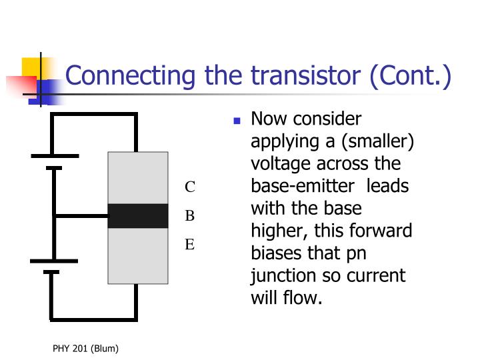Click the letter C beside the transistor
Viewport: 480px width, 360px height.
pos(190,187)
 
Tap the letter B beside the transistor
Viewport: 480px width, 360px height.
pos(190,215)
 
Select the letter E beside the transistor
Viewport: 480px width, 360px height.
pos(190,244)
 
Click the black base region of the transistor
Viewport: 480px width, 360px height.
pos(138,216)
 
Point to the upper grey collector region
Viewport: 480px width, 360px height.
pos(138,178)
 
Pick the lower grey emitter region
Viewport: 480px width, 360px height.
pos(138,256)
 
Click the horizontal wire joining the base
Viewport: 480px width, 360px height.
pos(81,216)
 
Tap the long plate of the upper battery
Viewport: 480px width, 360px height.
pos(55,156)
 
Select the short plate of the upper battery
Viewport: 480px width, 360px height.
pos(54,168)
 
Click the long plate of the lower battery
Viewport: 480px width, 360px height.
pos(54,261)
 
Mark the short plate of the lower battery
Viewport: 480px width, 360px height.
pos(51,272)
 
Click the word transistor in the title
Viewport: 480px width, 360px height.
pos(306,75)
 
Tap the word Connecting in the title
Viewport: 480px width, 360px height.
pos(130,76)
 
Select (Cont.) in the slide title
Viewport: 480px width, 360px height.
pos(411,76)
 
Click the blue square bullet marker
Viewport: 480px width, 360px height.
pos(237,121)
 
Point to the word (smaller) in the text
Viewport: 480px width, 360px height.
pos(378,141)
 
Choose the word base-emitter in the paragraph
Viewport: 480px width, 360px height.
pos(303,186)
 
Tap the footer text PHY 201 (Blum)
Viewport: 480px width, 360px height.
pos(85,349)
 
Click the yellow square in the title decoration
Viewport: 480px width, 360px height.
pos(31,67)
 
